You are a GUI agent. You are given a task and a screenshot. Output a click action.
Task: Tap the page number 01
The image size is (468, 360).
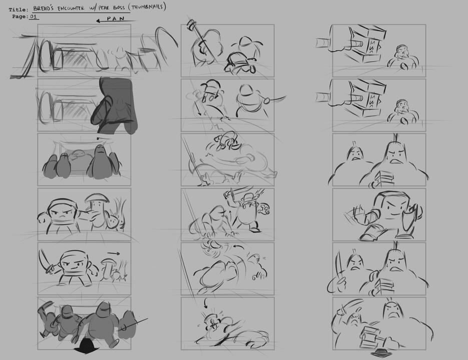tap(34, 16)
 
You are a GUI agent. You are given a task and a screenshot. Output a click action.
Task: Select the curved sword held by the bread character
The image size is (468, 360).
tap(44, 260)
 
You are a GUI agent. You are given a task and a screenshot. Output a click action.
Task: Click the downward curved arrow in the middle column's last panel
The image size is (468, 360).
tap(206, 303)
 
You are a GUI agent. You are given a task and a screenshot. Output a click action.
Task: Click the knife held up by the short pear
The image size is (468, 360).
tap(339, 263)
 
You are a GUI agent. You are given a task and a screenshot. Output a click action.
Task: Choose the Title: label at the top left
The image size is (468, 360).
tap(18, 9)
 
